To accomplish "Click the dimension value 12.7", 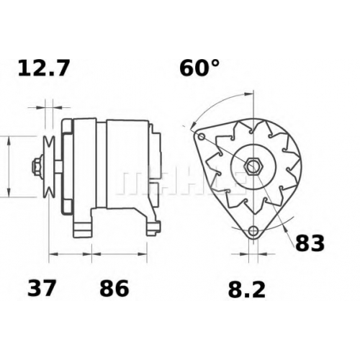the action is tap(44, 68).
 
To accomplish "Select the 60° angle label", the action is tap(199, 68).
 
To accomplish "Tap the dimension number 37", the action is tap(42, 288).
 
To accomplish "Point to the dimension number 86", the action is tap(114, 288).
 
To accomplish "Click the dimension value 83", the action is tap(310, 243).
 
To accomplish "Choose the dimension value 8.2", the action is tap(247, 289).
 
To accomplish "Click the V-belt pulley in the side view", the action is tap(49, 166).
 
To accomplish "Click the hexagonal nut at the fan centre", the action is tap(253, 166).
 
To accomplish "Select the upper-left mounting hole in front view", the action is tap(202, 137).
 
